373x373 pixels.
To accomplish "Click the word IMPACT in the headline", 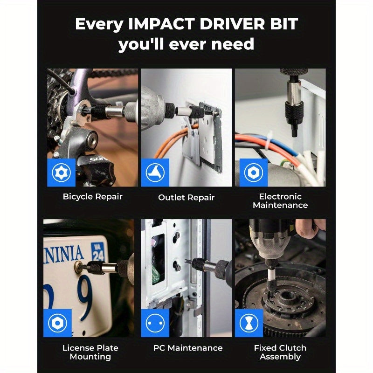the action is click(161, 24).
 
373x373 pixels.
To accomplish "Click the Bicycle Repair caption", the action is click(92, 197).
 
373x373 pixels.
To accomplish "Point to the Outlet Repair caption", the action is click(186, 197).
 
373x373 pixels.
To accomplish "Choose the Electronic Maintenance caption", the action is click(280, 201).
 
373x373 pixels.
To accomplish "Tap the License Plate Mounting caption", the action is click(90, 352).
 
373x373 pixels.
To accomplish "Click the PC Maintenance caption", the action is click(188, 348).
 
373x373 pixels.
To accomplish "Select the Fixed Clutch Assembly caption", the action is click(280, 352).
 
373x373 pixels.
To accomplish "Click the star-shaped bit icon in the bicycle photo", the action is click(62, 173).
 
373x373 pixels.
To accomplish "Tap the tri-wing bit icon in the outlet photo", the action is click(155, 173).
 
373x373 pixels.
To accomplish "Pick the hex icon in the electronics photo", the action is click(254, 173).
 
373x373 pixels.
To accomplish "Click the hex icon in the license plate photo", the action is click(57, 323).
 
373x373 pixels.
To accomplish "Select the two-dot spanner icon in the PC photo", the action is click(155, 323).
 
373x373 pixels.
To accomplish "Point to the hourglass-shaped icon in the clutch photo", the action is click(249, 323).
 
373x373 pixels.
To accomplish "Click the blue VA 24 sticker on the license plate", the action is click(98, 252).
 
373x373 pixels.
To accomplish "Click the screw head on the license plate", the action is click(78, 266).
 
